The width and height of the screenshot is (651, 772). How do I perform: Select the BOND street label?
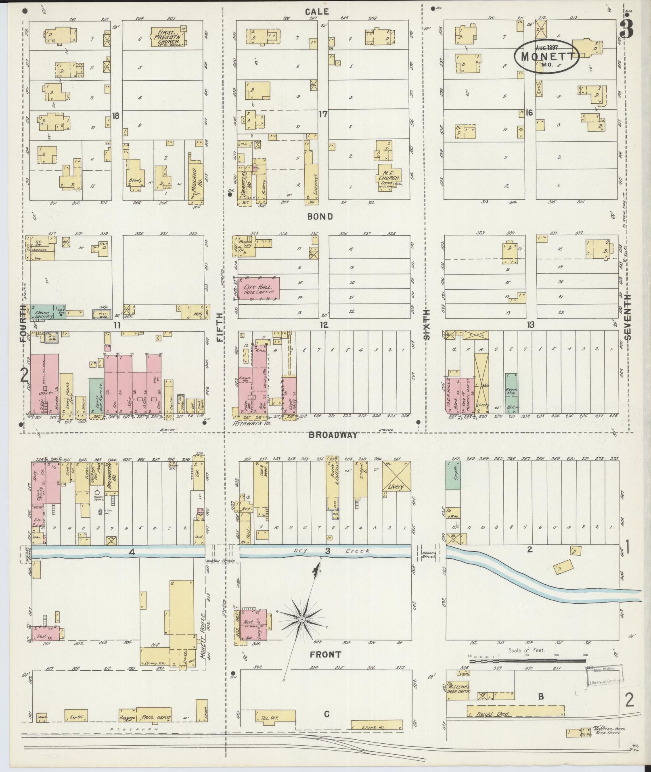(x=320, y=217)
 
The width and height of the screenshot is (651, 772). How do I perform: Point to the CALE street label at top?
(x=317, y=12)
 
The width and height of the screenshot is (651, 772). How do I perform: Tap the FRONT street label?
(x=325, y=655)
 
